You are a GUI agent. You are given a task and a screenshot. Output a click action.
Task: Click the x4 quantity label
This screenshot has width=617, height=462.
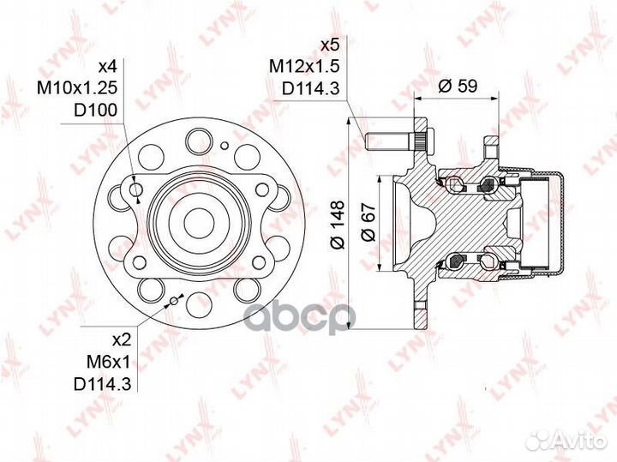tap(107, 67)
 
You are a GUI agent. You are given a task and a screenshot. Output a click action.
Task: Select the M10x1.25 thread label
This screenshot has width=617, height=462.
tap(77, 88)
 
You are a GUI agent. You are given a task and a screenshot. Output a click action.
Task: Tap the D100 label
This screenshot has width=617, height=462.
tap(96, 111)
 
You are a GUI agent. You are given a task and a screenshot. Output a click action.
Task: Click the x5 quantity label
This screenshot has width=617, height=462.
tap(330, 45)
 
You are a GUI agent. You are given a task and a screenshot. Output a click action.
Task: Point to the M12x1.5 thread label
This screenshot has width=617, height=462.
tap(303, 67)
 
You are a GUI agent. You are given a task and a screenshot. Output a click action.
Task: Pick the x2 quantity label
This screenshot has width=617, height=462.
tap(121, 340)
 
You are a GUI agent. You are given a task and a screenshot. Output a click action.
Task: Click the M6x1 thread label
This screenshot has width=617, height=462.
tap(108, 362)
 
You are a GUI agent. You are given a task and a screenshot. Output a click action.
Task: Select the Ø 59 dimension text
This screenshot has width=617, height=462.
tap(458, 86)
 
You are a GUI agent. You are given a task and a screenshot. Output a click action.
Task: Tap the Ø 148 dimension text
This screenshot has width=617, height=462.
tap(338, 225)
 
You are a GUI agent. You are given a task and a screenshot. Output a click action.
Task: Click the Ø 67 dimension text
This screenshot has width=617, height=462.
tap(368, 221)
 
